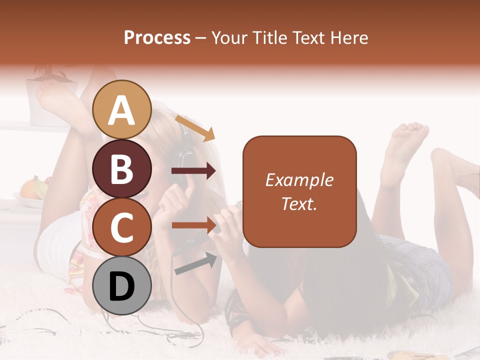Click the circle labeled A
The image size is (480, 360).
click(x=122, y=109)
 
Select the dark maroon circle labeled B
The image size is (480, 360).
click(x=122, y=168)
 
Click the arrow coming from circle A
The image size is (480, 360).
click(x=195, y=128)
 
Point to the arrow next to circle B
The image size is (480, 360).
click(x=193, y=171)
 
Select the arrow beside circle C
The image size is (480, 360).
click(x=193, y=225)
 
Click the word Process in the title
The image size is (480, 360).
click(x=157, y=38)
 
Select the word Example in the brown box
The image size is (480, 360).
click(x=299, y=180)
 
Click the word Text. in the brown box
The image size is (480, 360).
click(x=299, y=203)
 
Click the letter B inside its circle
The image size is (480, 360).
click(x=122, y=169)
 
